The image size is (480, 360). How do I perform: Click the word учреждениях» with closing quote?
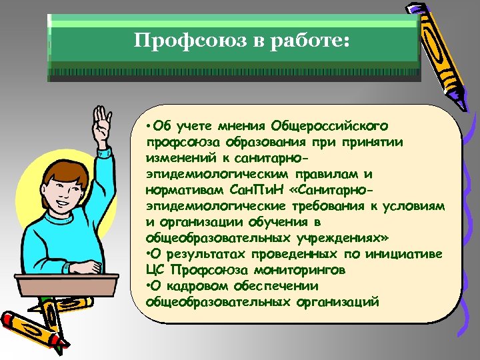coord(337,239)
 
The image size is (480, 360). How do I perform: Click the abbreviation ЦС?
coord(155,271)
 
